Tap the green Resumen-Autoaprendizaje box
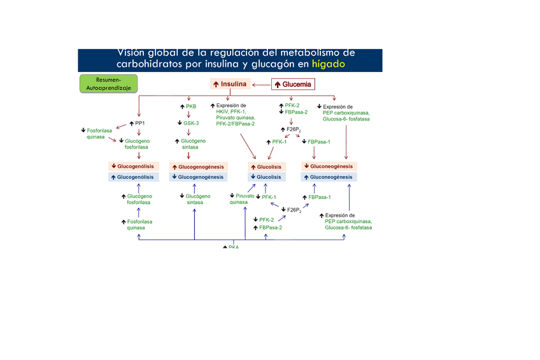click(108, 84)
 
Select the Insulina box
click(229, 84)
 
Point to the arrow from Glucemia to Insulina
click(261, 84)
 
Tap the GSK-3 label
click(188, 123)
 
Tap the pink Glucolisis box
click(266, 166)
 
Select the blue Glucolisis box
click(266, 176)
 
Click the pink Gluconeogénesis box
click(329, 166)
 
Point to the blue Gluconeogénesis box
click(329, 176)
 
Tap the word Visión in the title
click(135, 52)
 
